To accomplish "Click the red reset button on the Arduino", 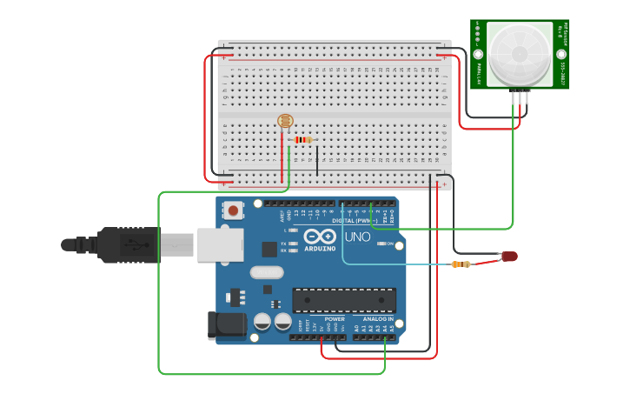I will (x=234, y=210).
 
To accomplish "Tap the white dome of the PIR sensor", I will (x=518, y=54).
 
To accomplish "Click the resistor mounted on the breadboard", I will (x=302, y=140).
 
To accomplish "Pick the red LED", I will (x=509, y=257).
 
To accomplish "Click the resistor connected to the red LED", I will (x=461, y=264).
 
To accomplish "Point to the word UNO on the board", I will (x=358, y=237).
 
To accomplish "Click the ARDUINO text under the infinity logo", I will (x=320, y=249).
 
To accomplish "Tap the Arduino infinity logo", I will (x=320, y=236).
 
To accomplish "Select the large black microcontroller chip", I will (x=344, y=300).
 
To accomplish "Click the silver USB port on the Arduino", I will (x=221, y=244).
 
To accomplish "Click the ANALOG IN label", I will (x=378, y=319).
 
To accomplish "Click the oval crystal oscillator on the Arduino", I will (x=267, y=272).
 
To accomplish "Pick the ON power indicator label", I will (x=390, y=244).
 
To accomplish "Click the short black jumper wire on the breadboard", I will (x=317, y=160).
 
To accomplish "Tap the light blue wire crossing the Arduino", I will (x=391, y=264).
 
